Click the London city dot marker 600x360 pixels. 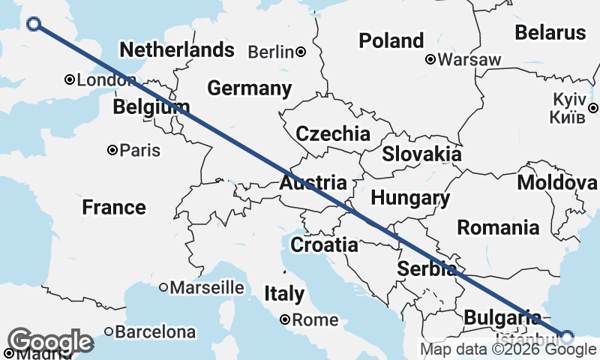point(69,79)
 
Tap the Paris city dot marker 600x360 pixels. point(112,150)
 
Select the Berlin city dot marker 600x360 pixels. point(300,52)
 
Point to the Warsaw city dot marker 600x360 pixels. point(430,59)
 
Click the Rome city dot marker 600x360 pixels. point(285,319)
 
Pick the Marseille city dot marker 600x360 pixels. point(163,287)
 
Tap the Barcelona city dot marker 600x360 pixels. point(109,331)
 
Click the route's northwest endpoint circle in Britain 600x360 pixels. point(33,24)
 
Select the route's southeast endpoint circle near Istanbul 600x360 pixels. point(567,336)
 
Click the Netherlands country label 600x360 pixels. point(177,50)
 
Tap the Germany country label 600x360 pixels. point(249,88)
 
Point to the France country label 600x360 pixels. point(114,207)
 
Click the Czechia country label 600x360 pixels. point(333,134)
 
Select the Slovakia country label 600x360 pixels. point(421,154)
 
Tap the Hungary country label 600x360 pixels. point(410,199)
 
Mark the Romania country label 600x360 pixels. point(498,227)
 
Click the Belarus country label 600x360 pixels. point(550,33)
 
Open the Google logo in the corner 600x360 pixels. point(51,342)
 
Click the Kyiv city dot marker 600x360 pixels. point(592,108)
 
